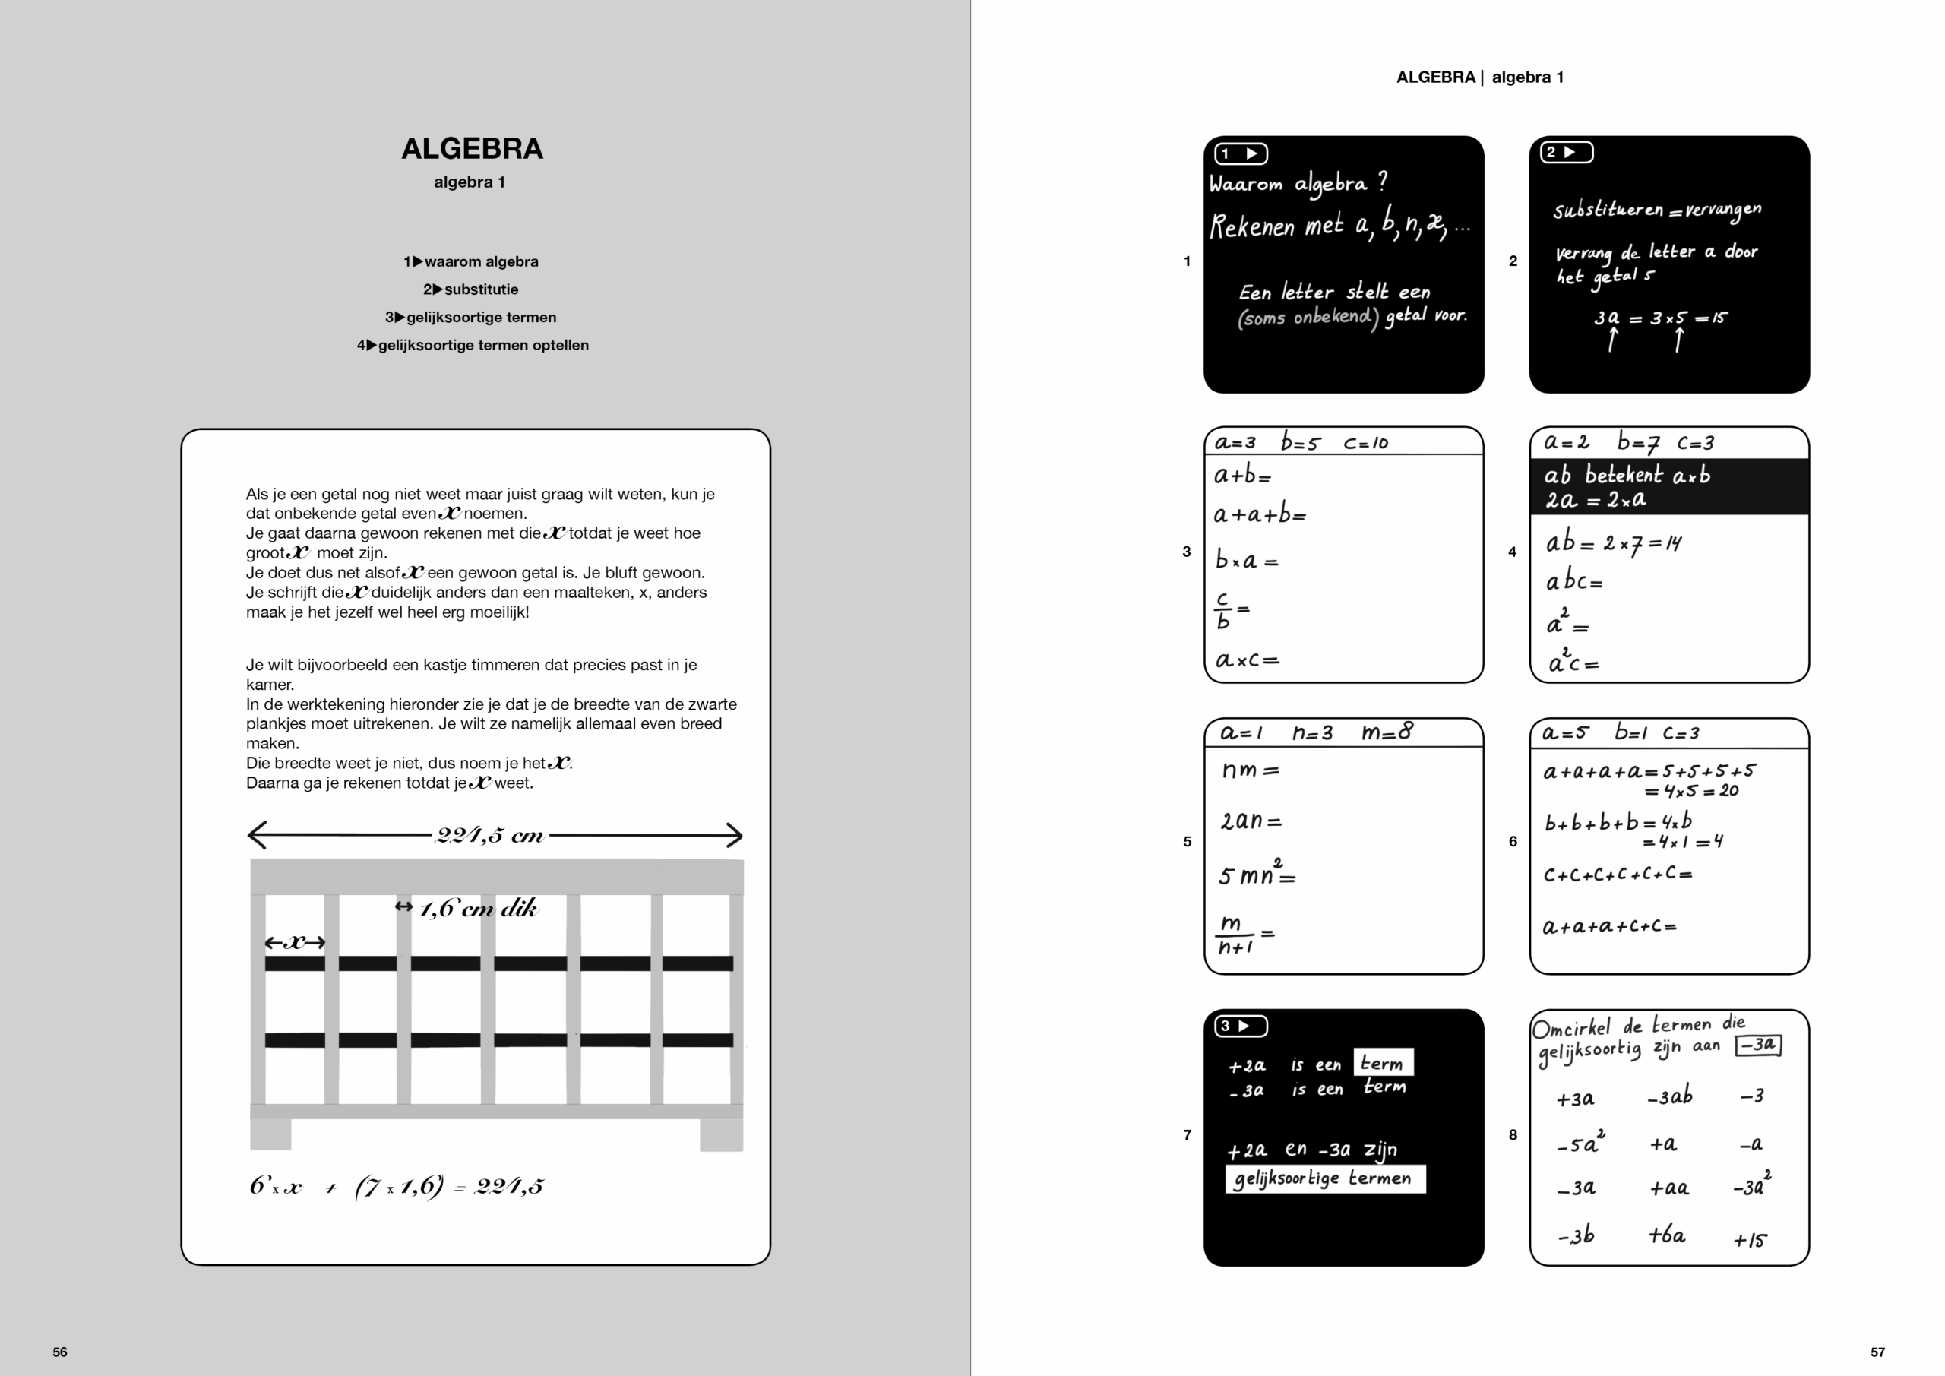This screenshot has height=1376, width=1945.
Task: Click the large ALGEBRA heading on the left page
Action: pyautogui.click(x=472, y=149)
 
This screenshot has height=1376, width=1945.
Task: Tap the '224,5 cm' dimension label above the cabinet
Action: pyautogui.click(x=489, y=836)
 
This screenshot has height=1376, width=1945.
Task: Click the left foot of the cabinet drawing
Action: pyautogui.click(x=270, y=1134)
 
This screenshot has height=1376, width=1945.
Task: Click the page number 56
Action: pyautogui.click(x=60, y=1352)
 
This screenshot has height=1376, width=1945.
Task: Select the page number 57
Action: pyautogui.click(x=1878, y=1352)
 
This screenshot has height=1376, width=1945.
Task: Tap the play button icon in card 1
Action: pyautogui.click(x=1242, y=153)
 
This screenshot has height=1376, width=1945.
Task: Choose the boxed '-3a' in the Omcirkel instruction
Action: pyautogui.click(x=1758, y=1045)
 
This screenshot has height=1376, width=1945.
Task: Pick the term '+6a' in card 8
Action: pyautogui.click(x=1666, y=1235)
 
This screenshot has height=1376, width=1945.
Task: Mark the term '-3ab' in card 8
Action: pyautogui.click(x=1670, y=1096)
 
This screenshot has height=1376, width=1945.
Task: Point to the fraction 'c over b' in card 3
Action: pyautogui.click(x=1223, y=610)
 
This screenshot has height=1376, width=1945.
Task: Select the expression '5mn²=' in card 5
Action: pyautogui.click(x=1257, y=875)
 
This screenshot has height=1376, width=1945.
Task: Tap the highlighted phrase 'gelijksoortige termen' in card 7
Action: pyautogui.click(x=1324, y=1178)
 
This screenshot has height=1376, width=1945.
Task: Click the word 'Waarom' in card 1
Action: pyautogui.click(x=1245, y=184)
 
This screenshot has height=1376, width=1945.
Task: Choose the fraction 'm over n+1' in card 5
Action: pyautogui.click(x=1236, y=935)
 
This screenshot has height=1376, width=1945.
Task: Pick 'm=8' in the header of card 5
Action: pyautogui.click(x=1387, y=731)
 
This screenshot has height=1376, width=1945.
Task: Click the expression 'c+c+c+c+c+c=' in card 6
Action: pyautogui.click(x=1616, y=874)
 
